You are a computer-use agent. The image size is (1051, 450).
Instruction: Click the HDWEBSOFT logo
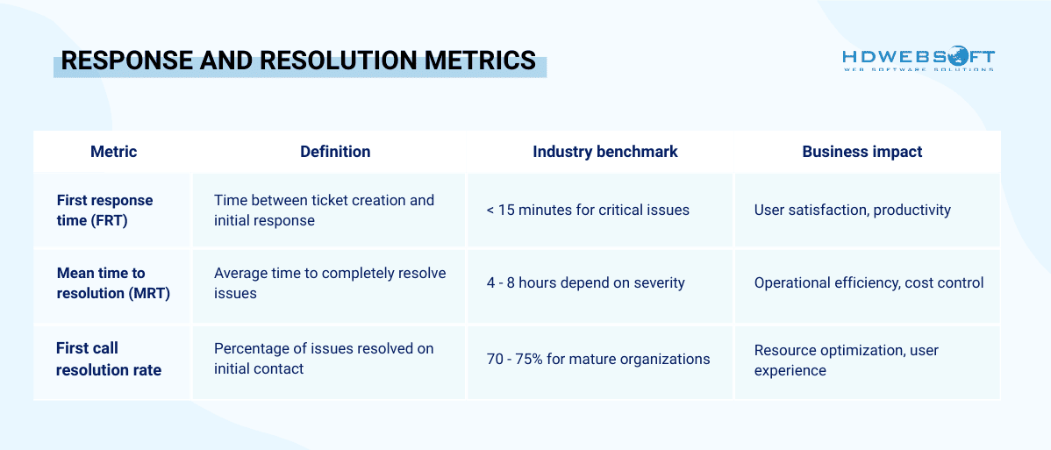click(x=918, y=57)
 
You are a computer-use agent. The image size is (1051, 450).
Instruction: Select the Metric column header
click(x=113, y=152)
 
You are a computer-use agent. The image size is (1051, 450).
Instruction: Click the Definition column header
click(x=335, y=152)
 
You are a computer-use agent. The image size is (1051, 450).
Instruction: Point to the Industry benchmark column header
click(x=604, y=152)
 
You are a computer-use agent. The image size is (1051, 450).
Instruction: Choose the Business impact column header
click(x=862, y=152)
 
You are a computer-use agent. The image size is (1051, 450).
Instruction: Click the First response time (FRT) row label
click(x=104, y=211)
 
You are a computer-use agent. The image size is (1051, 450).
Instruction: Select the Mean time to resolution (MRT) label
click(x=113, y=283)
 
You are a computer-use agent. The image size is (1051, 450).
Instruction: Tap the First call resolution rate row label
click(x=108, y=359)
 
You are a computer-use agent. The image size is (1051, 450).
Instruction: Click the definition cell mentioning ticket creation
click(x=324, y=211)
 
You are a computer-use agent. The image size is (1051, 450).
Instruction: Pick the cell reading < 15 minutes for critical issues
click(x=588, y=211)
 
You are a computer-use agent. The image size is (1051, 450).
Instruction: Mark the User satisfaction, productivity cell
click(x=852, y=211)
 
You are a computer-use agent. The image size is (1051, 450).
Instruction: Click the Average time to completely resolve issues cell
click(x=329, y=283)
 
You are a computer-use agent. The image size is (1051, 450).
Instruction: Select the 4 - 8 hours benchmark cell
click(x=585, y=283)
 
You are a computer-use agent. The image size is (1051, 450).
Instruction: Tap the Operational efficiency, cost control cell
click(x=869, y=283)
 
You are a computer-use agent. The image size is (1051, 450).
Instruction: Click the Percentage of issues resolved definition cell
click(x=324, y=359)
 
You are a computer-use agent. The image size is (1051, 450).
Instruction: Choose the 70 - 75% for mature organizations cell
click(x=597, y=359)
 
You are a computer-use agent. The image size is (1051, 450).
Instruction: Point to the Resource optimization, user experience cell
click(x=846, y=360)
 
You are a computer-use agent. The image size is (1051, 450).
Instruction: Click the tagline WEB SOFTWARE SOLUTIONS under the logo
click(x=918, y=69)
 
